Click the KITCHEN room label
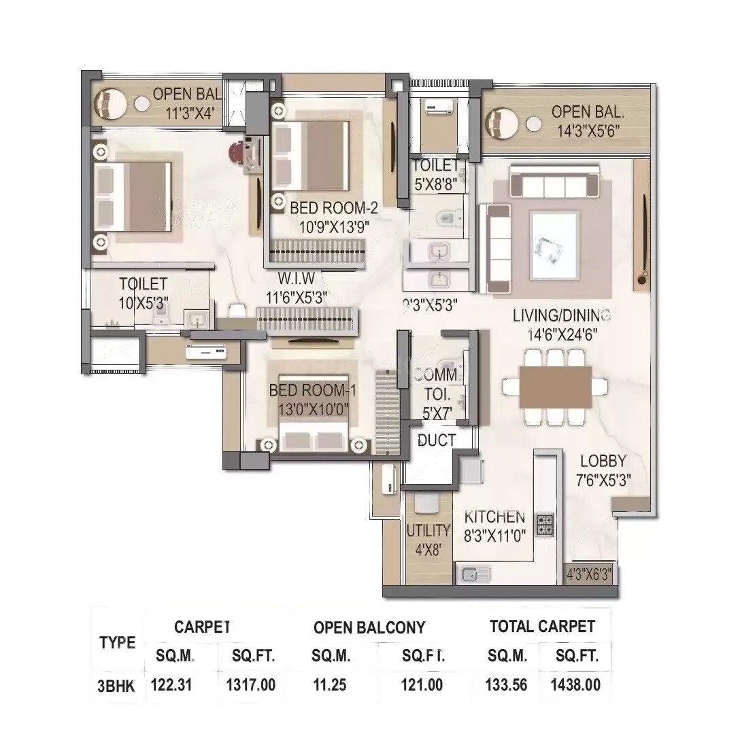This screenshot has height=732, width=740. click(494, 517)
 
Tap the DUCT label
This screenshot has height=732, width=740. click(437, 440)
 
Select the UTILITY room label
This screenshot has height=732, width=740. click(428, 530)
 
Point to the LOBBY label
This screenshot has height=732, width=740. click(603, 461)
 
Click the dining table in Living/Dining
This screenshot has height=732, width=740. click(556, 387)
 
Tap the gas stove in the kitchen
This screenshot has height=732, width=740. click(544, 523)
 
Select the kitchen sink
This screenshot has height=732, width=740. click(472, 574)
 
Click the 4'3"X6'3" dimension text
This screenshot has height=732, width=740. click(589, 574)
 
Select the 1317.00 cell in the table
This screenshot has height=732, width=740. click(250, 684)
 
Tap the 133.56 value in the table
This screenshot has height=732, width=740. click(507, 684)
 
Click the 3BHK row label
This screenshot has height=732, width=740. click(116, 685)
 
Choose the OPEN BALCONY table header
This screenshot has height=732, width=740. click(369, 627)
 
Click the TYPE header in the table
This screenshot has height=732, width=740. click(117, 642)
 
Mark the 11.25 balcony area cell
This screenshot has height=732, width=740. click(331, 684)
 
